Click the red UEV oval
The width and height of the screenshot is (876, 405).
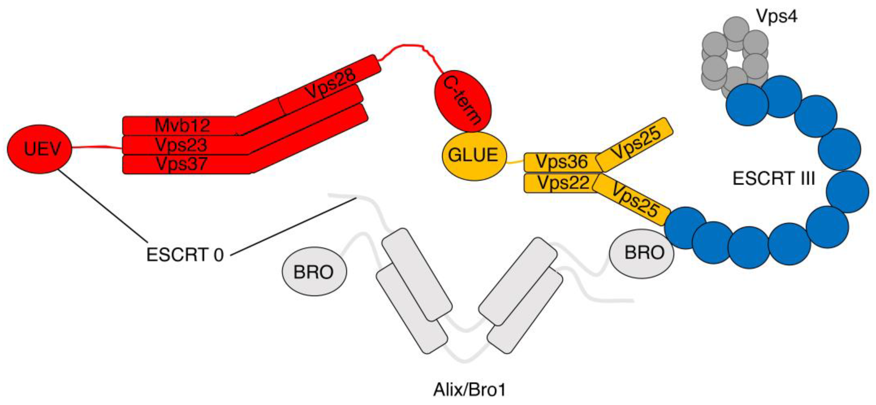point(40,149)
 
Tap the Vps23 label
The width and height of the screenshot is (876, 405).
point(181,145)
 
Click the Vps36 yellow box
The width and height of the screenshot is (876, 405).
point(561,162)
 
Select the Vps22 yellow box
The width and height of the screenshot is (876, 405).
point(563,183)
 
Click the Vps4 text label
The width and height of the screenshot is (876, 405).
point(776,16)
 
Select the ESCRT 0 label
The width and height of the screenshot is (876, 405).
point(185,255)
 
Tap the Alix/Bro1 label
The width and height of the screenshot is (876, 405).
point(469,390)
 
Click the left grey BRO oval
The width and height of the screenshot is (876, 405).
point(314,272)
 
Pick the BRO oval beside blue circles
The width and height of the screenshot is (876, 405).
point(641,253)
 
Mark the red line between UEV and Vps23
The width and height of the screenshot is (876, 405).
point(97,147)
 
